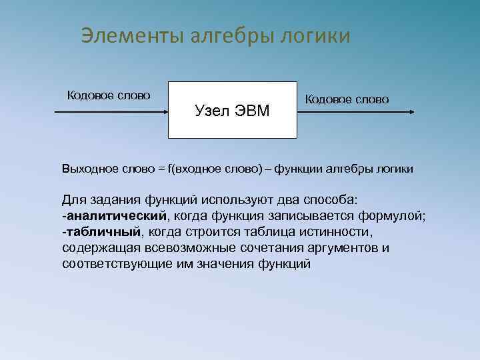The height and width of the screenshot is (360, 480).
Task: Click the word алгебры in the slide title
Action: pos(220,35)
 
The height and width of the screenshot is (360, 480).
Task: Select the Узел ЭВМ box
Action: pos(231,109)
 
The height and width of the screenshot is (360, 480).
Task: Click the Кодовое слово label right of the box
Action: pos(347,99)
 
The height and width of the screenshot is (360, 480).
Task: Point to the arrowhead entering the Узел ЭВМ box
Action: pos(164,113)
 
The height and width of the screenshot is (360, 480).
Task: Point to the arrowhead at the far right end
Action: pos(411,113)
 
